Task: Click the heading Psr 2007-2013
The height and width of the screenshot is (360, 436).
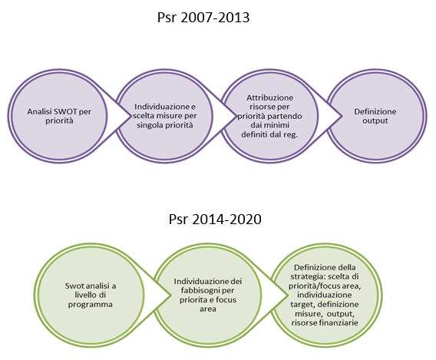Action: click(203, 18)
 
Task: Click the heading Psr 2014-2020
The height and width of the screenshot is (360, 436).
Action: click(215, 220)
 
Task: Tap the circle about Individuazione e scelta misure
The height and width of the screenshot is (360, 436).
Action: click(164, 116)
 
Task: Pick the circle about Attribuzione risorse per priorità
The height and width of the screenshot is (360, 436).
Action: click(269, 116)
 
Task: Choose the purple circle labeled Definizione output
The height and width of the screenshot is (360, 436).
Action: click(376, 116)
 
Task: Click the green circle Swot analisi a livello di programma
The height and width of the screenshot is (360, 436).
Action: click(90, 295)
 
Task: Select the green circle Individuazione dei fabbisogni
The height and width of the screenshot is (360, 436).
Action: click(207, 295)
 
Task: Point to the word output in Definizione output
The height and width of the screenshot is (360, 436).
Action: click(375, 121)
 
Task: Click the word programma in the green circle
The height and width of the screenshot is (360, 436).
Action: click(91, 305)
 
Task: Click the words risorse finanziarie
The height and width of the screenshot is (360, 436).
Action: click(325, 322)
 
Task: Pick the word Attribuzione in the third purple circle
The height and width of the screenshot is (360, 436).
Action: click(269, 97)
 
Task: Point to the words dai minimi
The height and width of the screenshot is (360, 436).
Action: click(269, 125)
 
